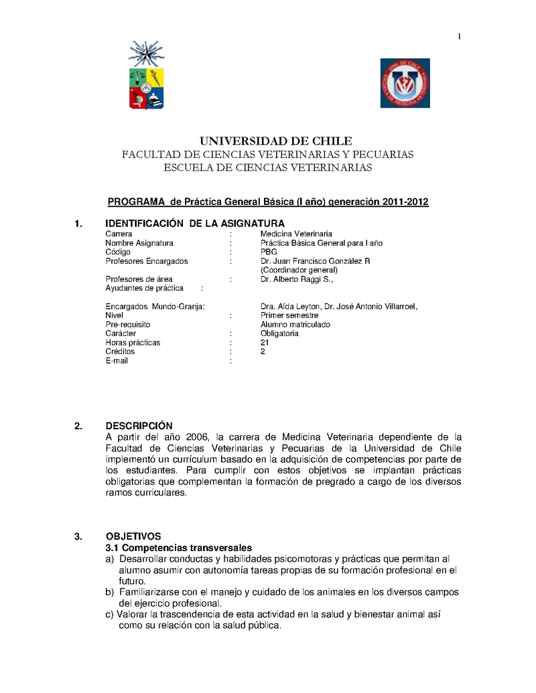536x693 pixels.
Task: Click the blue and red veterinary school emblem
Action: click(x=405, y=83)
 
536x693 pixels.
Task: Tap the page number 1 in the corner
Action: click(x=460, y=36)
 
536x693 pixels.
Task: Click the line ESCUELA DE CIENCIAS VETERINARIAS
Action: click(x=267, y=167)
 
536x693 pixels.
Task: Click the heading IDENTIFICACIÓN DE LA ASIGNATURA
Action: click(x=195, y=223)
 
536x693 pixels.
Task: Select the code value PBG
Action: click(x=269, y=252)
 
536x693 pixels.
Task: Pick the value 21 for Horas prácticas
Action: click(x=265, y=342)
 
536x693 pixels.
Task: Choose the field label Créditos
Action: click(x=120, y=352)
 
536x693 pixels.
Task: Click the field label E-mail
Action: click(x=117, y=360)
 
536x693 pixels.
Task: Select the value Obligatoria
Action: click(x=279, y=333)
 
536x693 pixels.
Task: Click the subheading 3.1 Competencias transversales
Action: click(x=179, y=548)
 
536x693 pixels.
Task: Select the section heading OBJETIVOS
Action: click(x=133, y=536)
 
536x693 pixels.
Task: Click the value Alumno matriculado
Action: click(x=295, y=324)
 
